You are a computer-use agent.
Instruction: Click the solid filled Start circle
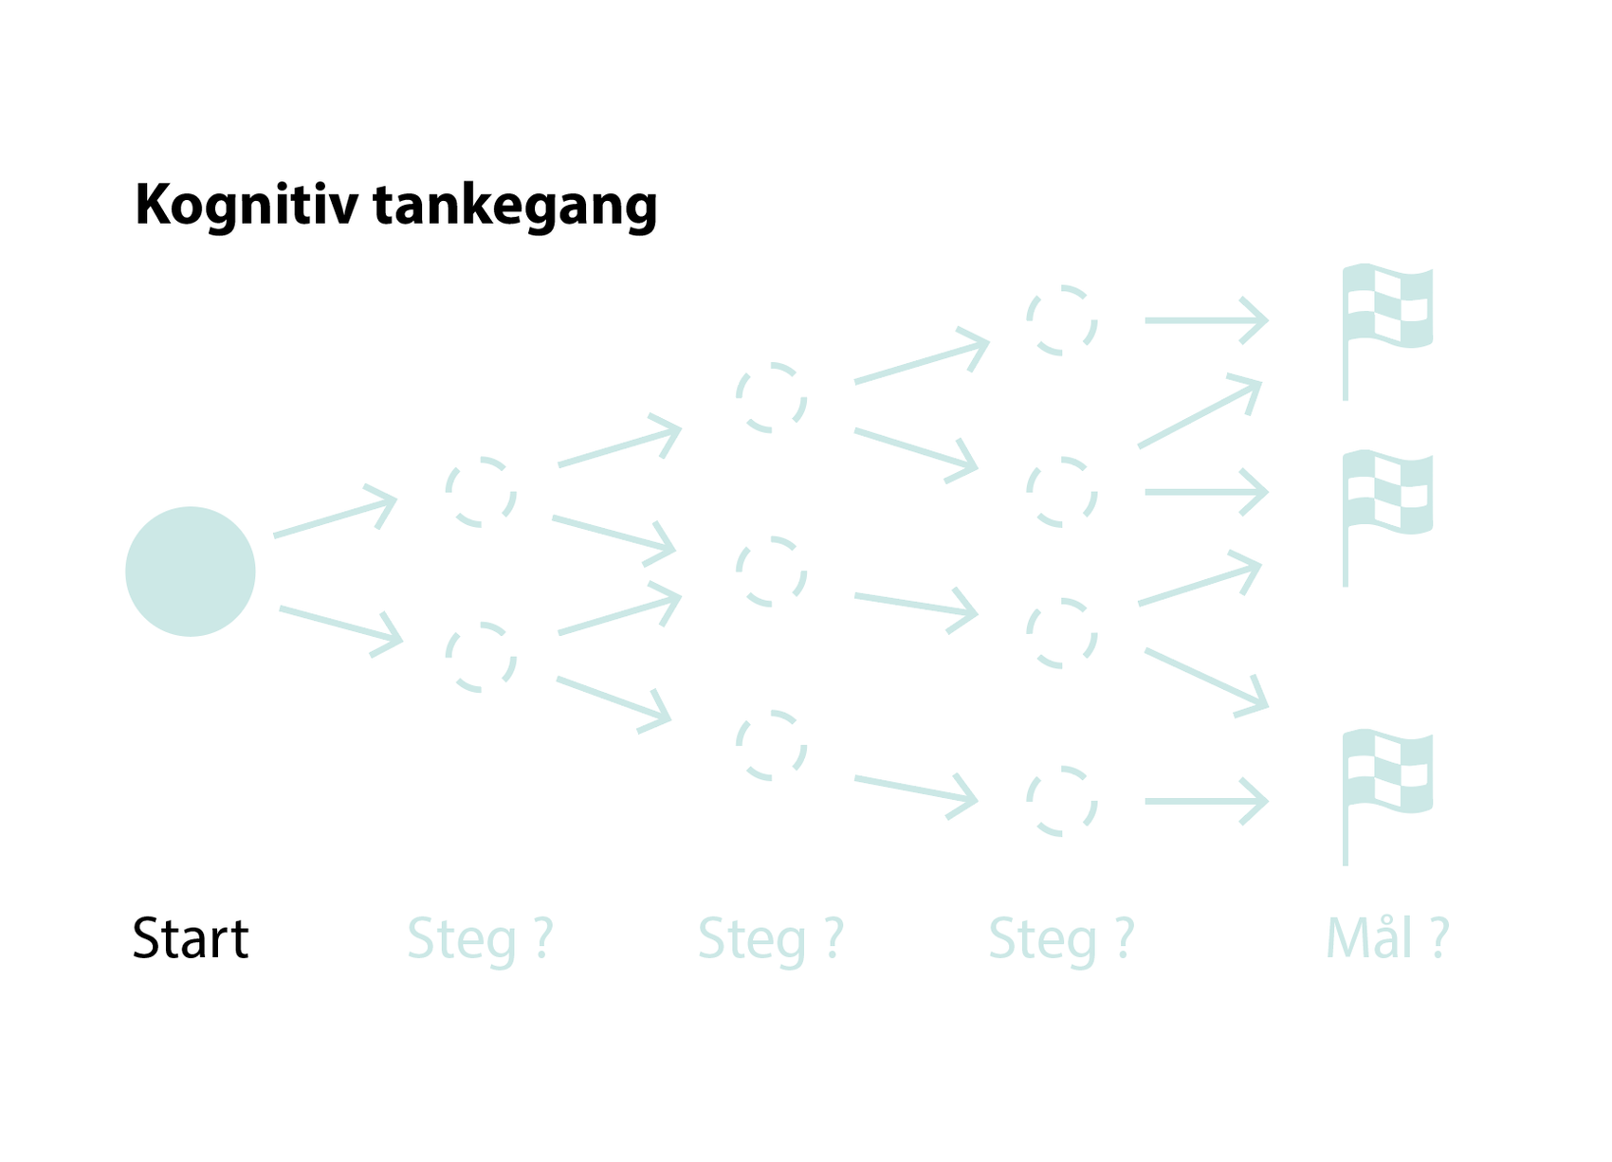191,572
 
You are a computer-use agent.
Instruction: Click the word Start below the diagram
191,938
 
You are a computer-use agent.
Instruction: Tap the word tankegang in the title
515,205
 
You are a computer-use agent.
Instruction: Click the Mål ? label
1386,938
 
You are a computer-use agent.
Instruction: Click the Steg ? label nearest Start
480,938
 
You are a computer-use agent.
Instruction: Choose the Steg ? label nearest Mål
1061,938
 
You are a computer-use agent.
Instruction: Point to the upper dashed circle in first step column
482,492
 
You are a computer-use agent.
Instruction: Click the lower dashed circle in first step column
482,657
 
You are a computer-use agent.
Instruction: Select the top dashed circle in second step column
772,397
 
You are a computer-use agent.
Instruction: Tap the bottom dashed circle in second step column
772,746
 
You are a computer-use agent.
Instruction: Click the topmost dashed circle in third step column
1062,320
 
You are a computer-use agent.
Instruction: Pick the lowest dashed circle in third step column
1062,801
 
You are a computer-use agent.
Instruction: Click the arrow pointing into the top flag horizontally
1206,320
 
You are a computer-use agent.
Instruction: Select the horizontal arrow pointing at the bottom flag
1206,801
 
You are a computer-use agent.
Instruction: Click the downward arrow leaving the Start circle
340,626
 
